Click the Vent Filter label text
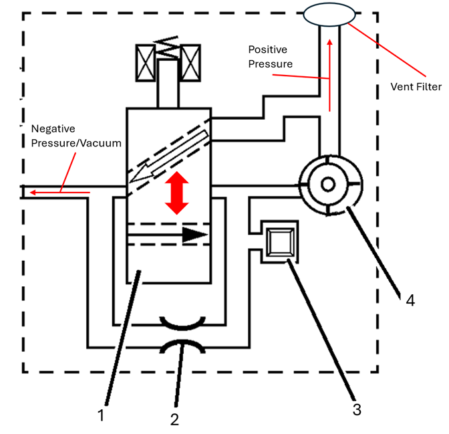coord(416,86)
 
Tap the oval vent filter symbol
coord(329,14)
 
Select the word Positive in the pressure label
coord(267,49)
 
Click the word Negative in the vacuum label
coord(53,128)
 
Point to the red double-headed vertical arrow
coord(176,193)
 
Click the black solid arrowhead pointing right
coord(194,235)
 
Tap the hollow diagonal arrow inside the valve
coord(168,156)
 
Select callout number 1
coord(101,415)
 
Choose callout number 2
coord(174,419)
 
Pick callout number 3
coord(357,409)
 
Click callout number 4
coord(410,300)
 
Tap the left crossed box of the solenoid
coord(145,63)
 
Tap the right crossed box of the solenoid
coord(190,63)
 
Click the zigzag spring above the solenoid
coord(167,47)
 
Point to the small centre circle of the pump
coord(328,184)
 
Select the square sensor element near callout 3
coord(281,242)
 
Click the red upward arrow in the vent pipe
coord(330,76)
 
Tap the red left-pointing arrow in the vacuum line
coord(60,193)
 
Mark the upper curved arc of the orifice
coord(182,323)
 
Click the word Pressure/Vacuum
coord(76,143)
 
